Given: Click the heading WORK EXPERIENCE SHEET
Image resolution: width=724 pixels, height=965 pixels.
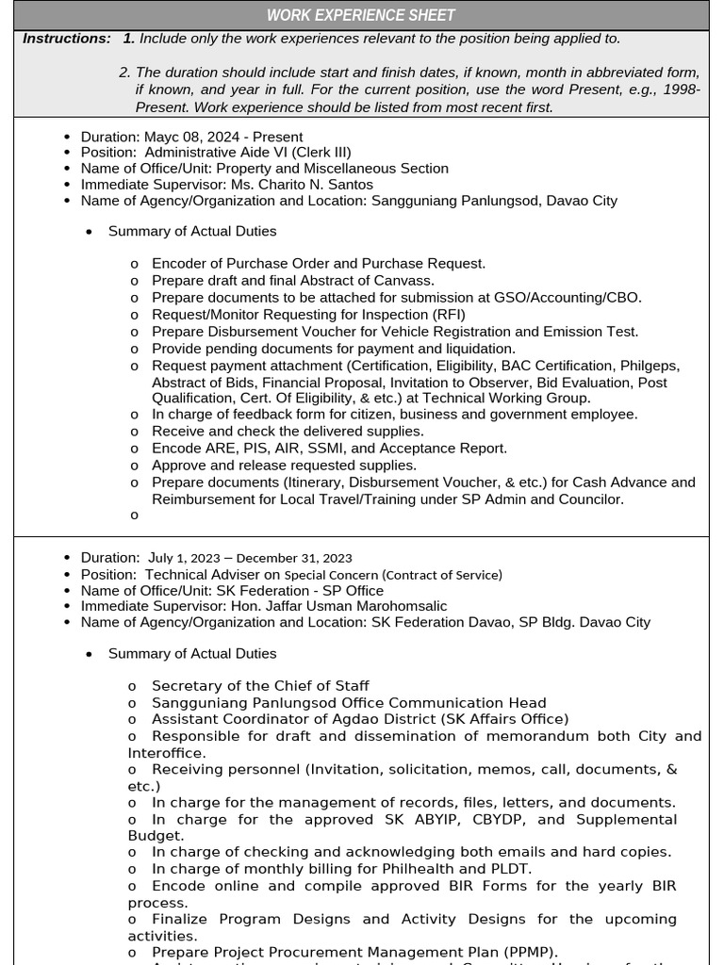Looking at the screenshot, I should [361, 15].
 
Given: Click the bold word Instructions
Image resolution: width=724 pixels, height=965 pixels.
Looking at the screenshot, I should [66, 39].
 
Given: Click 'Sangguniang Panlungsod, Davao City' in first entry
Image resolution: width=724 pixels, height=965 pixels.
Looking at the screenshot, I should [494, 201].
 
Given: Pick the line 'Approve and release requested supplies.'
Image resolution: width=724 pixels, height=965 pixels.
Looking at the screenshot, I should [284, 466].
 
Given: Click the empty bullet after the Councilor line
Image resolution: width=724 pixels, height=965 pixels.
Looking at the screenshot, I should [134, 515].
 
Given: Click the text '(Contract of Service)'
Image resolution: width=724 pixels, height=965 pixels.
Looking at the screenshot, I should [441, 575].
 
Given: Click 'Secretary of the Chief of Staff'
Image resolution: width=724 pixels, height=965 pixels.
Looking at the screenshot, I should [260, 686].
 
